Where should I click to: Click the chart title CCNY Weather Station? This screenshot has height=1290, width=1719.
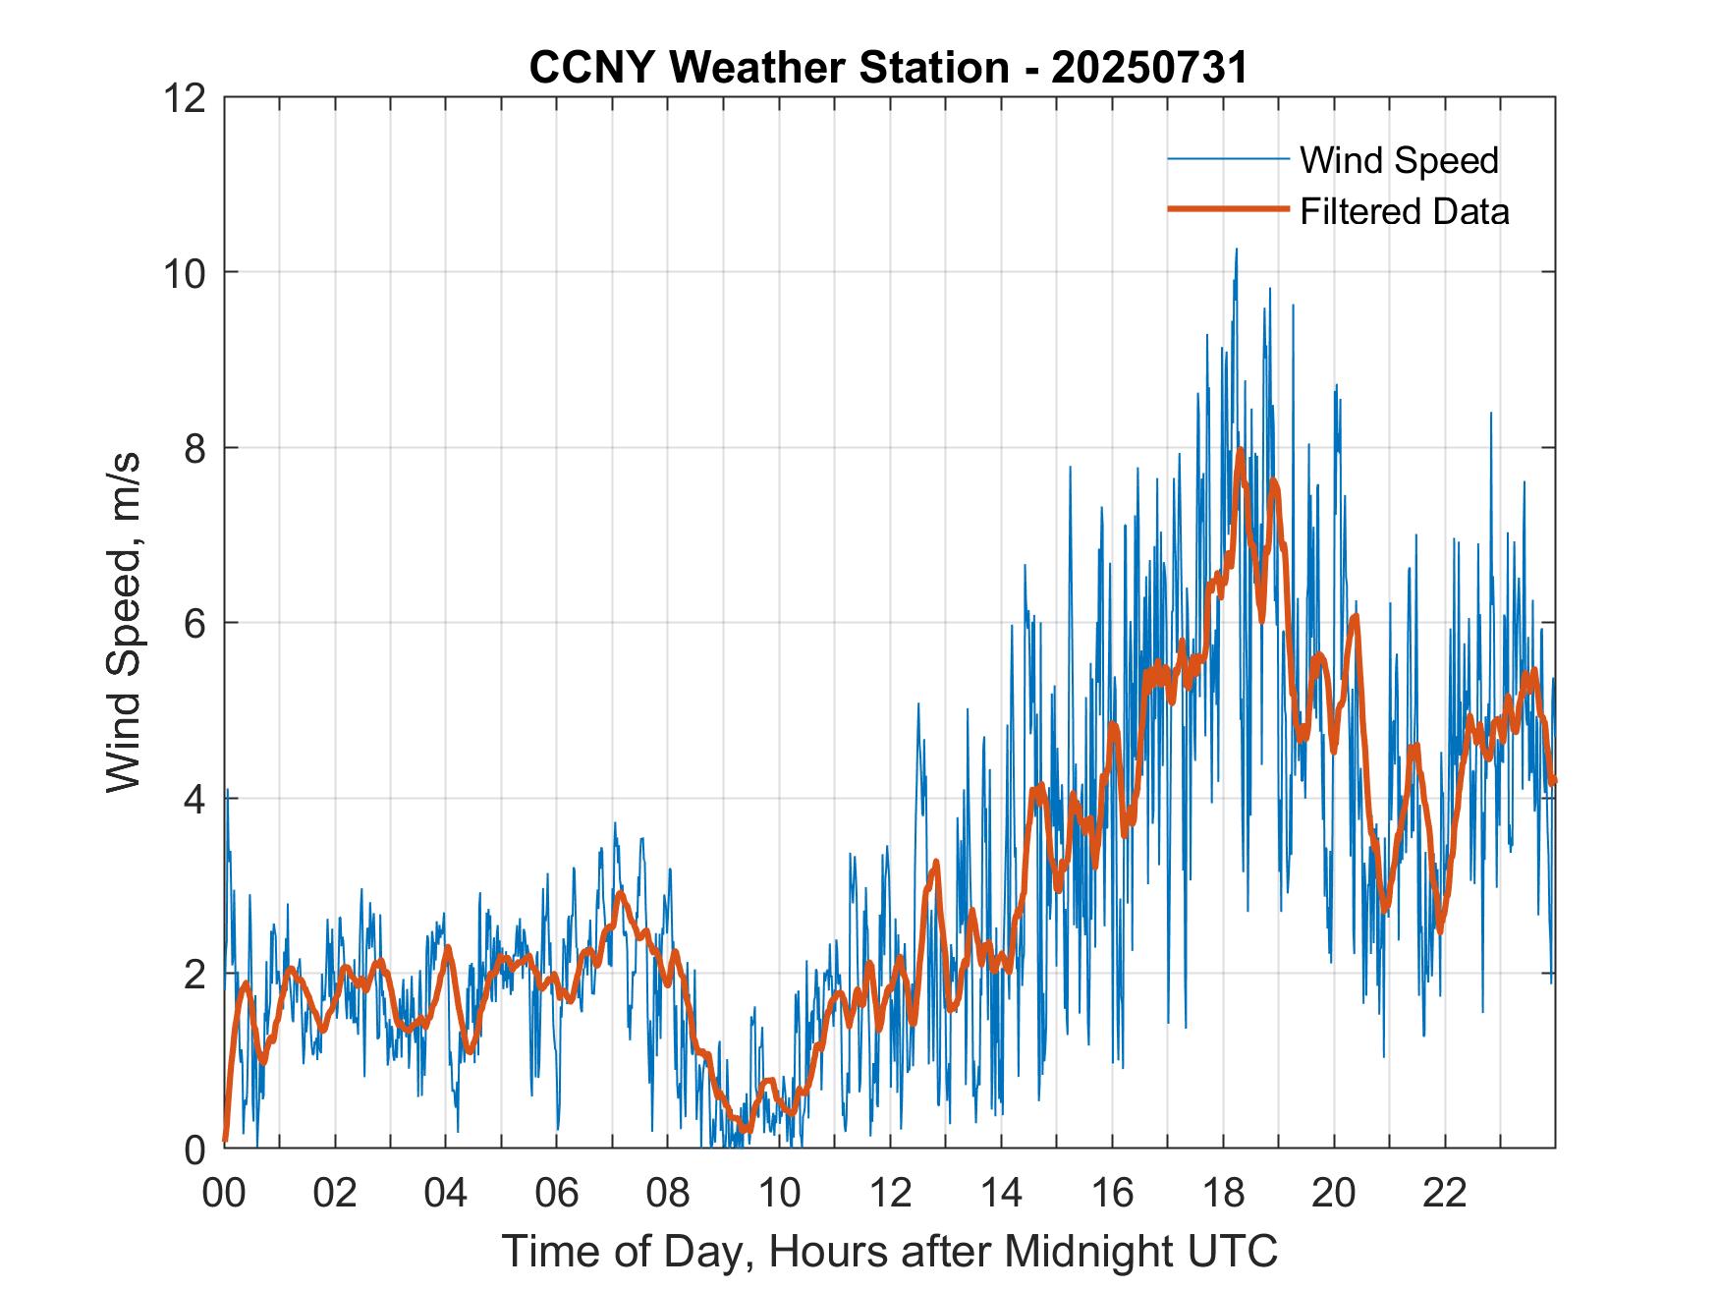pyautogui.click(x=768, y=68)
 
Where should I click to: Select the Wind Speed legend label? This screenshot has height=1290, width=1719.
pyautogui.click(x=1399, y=160)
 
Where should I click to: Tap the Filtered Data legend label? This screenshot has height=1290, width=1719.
pyautogui.click(x=1404, y=211)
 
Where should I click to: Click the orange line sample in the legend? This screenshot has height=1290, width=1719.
pyautogui.click(x=1228, y=209)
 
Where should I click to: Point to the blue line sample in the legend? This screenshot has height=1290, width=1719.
pyautogui.click(x=1228, y=159)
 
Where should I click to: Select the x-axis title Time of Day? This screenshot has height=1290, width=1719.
pyautogui.click(x=889, y=1251)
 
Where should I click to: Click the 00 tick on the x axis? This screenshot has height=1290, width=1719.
pyautogui.click(x=225, y=1193)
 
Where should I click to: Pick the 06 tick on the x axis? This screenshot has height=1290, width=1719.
pyautogui.click(x=557, y=1193)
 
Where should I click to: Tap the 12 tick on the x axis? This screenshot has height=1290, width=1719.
pyautogui.click(x=890, y=1193)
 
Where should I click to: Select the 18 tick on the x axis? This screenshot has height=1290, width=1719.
pyautogui.click(x=1223, y=1193)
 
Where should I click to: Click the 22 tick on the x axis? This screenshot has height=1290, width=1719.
pyautogui.click(x=1445, y=1193)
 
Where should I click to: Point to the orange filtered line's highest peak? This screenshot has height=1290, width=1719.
pyautogui.click(x=1241, y=451)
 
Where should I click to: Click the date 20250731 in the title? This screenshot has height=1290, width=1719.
pyautogui.click(x=1149, y=68)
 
